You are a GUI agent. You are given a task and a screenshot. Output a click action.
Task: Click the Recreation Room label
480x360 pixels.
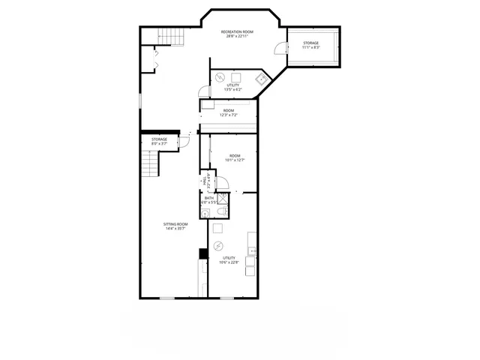click(237, 34)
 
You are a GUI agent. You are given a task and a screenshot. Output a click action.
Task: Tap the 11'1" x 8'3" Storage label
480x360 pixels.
click(310, 45)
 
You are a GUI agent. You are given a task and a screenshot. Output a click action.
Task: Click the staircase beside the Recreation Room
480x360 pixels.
click(172, 36)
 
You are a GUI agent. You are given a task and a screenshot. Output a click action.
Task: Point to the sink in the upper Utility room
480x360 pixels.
click(261, 78)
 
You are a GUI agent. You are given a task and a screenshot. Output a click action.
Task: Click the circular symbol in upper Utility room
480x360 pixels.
click(220, 76)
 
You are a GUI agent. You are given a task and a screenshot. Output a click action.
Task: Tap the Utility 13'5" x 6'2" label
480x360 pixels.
click(233, 88)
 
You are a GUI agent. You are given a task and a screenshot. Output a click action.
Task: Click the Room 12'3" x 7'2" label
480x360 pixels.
click(229, 113)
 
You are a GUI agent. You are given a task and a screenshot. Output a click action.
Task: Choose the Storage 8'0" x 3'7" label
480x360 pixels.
click(159, 141)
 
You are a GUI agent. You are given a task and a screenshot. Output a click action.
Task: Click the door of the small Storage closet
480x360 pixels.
click(184, 141)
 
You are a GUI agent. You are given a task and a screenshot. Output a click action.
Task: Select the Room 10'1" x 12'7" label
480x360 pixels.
click(235, 157)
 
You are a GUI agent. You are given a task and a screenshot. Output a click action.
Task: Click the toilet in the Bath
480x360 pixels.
click(213, 211)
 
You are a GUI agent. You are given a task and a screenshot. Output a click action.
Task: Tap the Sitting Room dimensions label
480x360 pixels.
click(176, 226)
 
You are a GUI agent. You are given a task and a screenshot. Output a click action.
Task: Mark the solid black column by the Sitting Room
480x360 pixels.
click(202, 253)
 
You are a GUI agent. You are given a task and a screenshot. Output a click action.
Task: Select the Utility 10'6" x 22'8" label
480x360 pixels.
click(228, 259)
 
